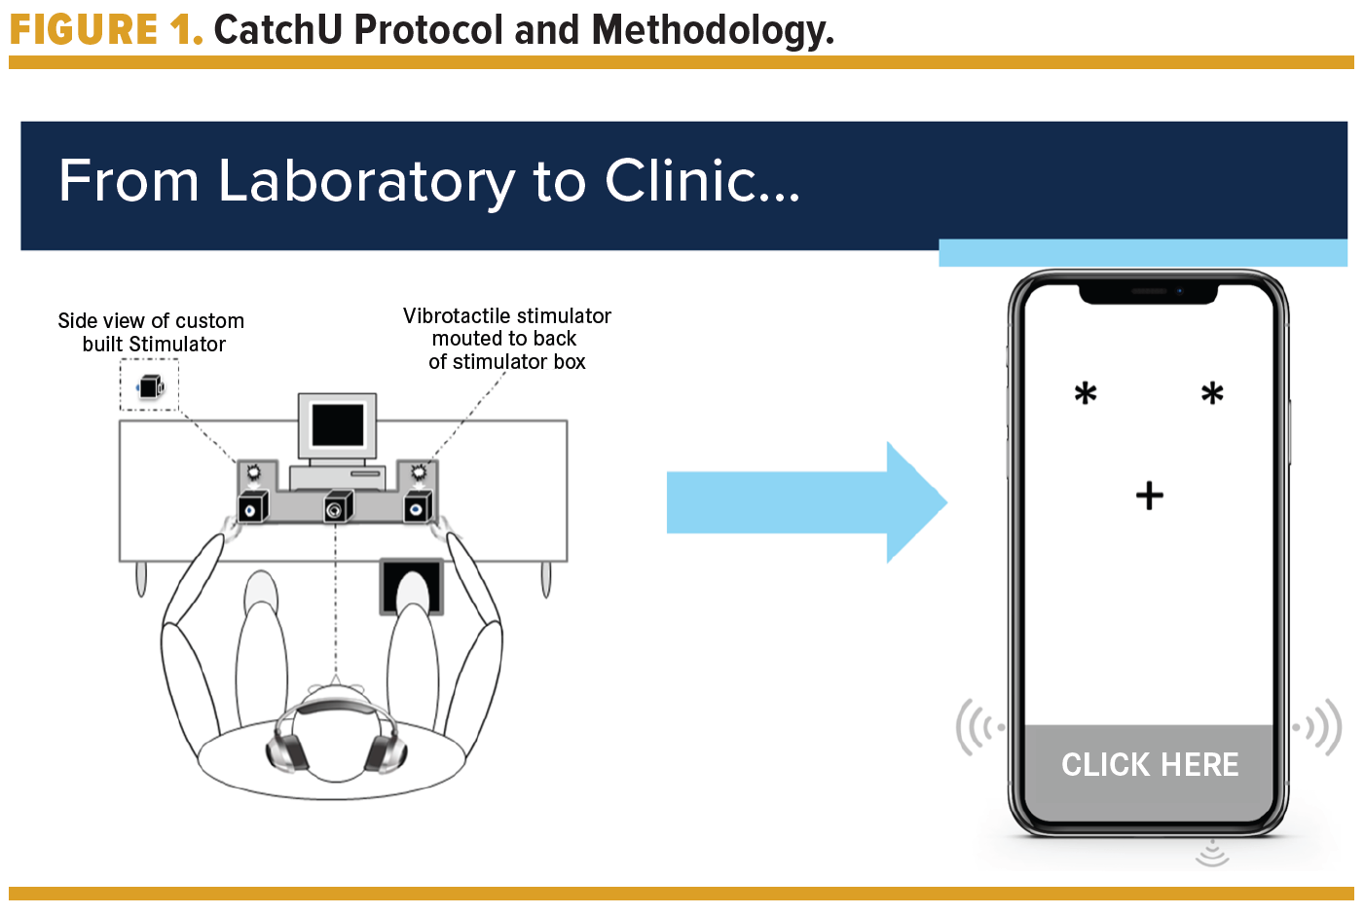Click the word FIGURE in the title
(84, 29)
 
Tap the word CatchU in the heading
(277, 29)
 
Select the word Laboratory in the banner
(366, 181)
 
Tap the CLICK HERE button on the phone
(1150, 765)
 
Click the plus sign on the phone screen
(1150, 495)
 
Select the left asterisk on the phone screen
(1086, 394)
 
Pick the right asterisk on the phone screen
(1212, 394)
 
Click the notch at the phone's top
(1149, 291)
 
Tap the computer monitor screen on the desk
(338, 425)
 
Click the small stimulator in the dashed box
(150, 386)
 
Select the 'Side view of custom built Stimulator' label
(152, 332)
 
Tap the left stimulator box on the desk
(252, 507)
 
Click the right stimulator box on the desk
(419, 507)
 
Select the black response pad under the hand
(411, 586)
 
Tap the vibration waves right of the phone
(1320, 727)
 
